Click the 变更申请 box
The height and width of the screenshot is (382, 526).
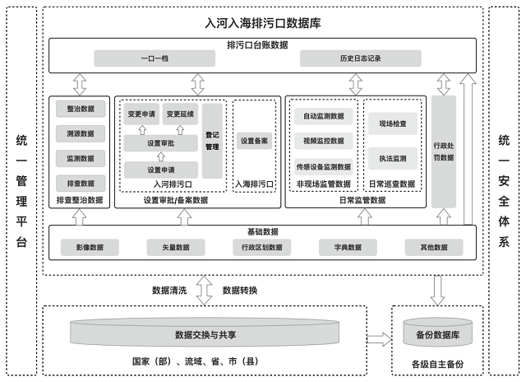coord(141,114)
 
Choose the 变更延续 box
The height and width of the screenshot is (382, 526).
coord(180,114)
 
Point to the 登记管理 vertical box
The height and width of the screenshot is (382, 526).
coord(212,140)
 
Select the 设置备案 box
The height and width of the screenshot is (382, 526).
coord(254,141)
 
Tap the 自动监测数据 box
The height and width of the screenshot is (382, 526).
coord(323,116)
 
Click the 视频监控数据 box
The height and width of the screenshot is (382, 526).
coord(323,141)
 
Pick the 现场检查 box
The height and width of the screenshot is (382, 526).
coord(393,124)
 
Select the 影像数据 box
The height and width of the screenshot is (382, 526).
coord(90,247)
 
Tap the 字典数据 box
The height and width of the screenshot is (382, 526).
coord(344,247)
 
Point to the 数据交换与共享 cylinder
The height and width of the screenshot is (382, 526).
coord(205,335)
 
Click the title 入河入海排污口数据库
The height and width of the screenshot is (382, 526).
coord(263,24)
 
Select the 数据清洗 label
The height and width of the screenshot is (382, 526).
coord(169,290)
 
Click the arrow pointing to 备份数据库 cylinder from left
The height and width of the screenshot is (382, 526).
coord(379,338)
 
